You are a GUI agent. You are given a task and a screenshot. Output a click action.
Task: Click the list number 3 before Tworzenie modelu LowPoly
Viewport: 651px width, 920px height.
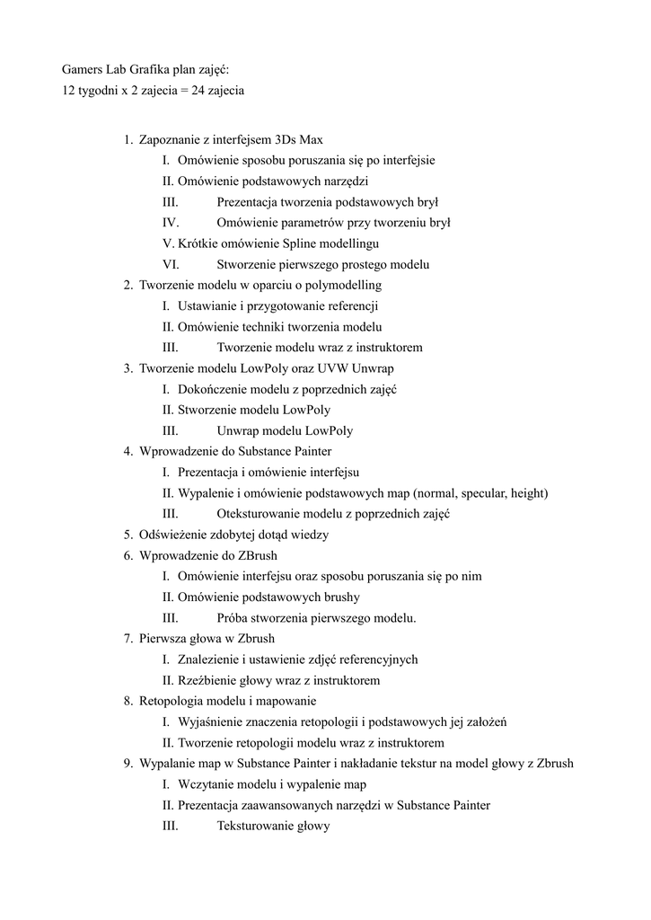tap(128, 368)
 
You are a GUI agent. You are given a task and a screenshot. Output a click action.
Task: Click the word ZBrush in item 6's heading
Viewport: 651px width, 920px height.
tap(259, 555)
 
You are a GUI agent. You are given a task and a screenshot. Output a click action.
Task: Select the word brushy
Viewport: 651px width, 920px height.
tap(340, 597)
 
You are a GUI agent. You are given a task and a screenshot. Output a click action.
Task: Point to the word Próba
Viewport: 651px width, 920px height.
tap(235, 618)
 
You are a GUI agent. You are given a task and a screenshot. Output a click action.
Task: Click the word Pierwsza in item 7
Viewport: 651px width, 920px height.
tap(164, 639)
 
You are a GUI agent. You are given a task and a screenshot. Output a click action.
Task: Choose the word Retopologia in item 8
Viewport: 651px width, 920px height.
tap(171, 701)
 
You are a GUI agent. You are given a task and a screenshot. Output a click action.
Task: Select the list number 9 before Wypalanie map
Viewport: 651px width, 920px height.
tap(128, 764)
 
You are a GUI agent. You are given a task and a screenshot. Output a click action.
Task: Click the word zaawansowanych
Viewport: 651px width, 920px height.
tap(286, 805)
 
